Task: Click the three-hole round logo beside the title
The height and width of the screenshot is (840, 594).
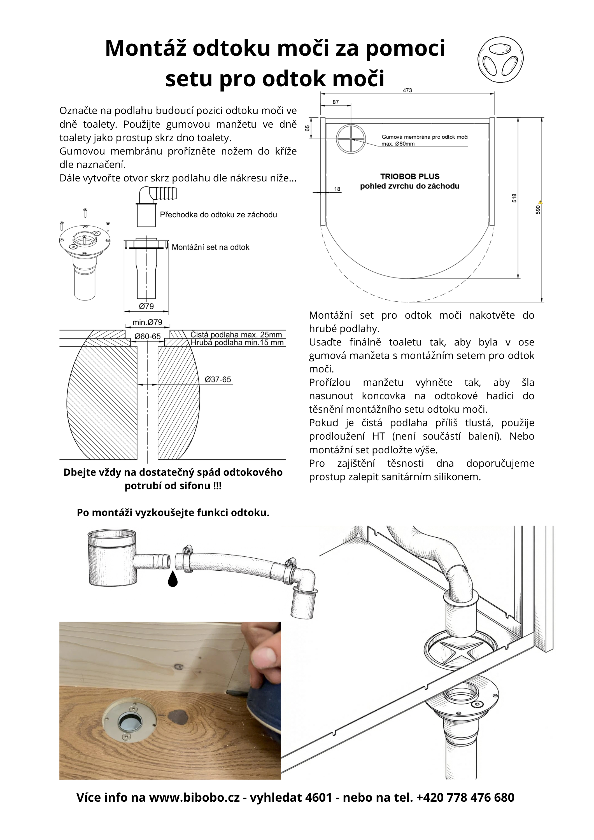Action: click(500, 60)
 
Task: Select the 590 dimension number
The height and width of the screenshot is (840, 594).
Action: click(538, 210)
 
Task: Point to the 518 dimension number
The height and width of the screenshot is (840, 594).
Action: click(514, 198)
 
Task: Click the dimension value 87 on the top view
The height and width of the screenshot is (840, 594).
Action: click(336, 102)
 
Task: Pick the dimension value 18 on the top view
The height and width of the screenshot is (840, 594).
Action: click(337, 189)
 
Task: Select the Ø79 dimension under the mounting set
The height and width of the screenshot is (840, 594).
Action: click(146, 306)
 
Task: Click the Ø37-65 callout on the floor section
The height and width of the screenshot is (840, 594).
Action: click(218, 379)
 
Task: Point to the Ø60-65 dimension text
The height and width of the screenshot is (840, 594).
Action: click(148, 336)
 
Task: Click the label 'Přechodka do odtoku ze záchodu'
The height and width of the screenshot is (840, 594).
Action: click(218, 215)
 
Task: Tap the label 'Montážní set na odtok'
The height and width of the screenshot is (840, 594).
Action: click(210, 247)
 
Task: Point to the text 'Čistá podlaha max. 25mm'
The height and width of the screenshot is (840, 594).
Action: click(236, 334)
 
